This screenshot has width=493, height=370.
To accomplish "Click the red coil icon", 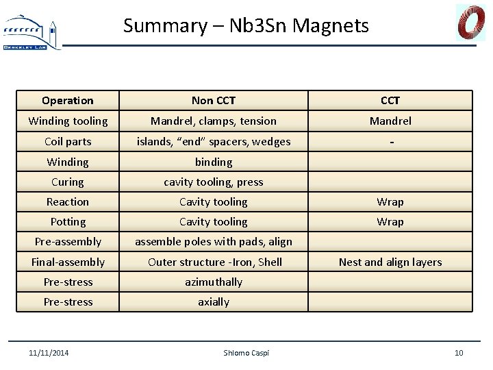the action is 471,23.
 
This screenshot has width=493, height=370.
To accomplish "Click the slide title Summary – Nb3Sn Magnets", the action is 246,26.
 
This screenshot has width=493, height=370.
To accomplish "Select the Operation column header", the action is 68,101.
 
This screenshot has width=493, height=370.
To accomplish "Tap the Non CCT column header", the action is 214,101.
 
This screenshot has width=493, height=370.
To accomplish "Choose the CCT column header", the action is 390,101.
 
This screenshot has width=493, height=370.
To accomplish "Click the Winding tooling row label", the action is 68,121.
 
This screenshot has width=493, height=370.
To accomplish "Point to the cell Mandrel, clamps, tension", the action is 214,121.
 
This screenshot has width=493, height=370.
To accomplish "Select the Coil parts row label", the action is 68,141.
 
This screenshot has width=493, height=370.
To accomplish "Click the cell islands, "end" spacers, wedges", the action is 214,141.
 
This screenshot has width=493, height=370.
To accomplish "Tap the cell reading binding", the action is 214,162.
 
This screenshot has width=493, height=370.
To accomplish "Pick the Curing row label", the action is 68,182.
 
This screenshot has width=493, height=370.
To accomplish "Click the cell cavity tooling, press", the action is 214,182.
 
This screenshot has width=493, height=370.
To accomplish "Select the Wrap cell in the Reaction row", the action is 390,202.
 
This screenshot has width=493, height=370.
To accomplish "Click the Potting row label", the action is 68,222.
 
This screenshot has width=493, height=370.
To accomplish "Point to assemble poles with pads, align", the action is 214,242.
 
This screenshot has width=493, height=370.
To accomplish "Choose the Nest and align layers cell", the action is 390,262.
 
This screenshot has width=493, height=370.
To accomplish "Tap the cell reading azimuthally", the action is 214,282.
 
